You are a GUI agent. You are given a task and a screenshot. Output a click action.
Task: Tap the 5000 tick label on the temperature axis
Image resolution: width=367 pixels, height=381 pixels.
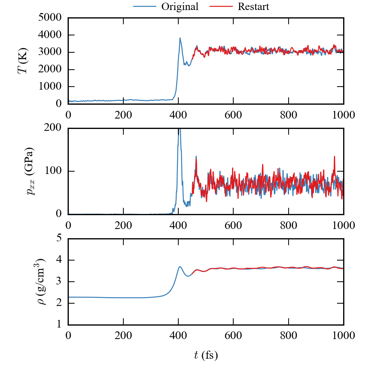[x=51, y=18]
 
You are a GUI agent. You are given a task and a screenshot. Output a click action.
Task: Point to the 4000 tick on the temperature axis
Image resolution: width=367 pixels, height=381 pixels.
[x=51, y=35]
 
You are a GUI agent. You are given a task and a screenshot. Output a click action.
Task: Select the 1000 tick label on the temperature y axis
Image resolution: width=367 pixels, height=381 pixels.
[x=51, y=87]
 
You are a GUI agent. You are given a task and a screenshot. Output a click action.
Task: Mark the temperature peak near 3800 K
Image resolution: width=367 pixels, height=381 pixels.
[x=180, y=38]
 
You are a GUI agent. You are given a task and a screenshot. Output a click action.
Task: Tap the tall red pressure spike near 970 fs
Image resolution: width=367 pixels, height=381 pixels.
[x=334, y=157]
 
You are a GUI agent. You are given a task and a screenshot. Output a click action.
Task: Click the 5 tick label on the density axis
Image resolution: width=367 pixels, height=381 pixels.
[x=59, y=239]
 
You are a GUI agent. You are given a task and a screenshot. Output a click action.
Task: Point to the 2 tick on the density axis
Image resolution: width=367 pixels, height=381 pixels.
[x=59, y=303]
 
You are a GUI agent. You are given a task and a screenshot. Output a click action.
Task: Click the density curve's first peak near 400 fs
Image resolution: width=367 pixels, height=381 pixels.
[x=179, y=266]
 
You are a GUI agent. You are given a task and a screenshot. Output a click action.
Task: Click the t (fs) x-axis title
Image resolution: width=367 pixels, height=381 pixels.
[x=206, y=356]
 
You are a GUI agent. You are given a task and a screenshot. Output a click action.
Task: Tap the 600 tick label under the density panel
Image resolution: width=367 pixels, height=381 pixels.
[x=233, y=335]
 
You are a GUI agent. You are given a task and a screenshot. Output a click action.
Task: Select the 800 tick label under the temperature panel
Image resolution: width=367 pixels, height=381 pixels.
[x=289, y=114]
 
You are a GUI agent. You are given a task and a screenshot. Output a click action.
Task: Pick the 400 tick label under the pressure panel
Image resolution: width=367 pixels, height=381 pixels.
[x=178, y=225]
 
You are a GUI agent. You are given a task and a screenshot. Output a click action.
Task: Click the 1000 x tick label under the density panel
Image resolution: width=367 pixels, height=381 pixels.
[x=343, y=335]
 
